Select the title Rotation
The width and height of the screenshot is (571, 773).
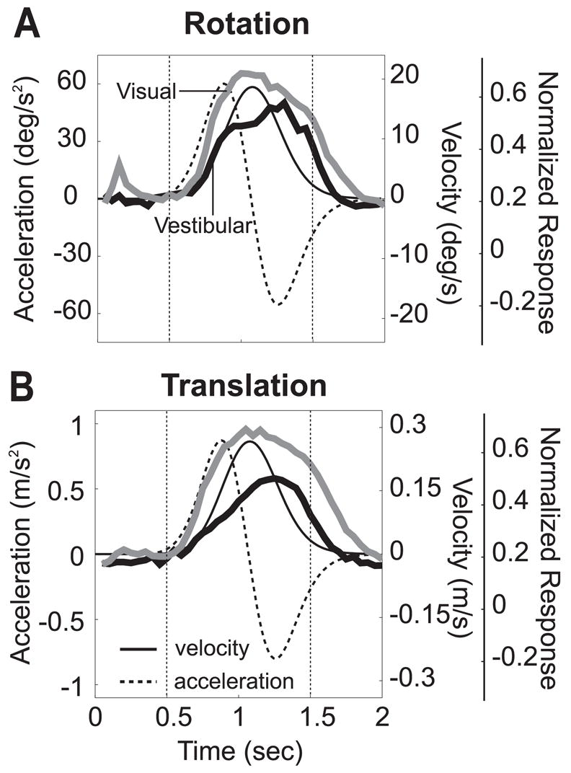[246, 25]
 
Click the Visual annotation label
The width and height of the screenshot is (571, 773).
[146, 92]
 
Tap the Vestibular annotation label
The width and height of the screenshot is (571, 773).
[202, 226]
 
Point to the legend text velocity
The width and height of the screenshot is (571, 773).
[212, 648]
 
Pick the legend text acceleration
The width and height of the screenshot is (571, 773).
[234, 680]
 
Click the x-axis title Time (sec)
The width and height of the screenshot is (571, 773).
[237, 752]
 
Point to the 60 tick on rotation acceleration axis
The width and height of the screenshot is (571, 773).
[73, 83]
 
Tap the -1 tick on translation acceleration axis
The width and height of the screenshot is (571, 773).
[74, 686]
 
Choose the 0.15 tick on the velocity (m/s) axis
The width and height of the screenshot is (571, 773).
[413, 489]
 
